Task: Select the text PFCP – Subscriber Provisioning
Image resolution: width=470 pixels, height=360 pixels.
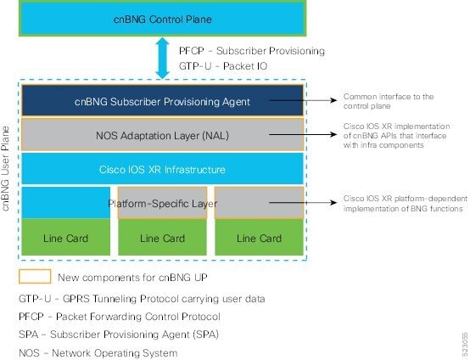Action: pyautogui.click(x=252, y=51)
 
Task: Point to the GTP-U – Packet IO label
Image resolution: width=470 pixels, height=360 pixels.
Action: pyautogui.click(x=221, y=65)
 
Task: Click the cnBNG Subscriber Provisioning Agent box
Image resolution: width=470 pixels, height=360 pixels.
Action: pyautogui.click(x=160, y=102)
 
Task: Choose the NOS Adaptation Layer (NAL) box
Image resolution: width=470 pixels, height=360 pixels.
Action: pyautogui.click(x=160, y=135)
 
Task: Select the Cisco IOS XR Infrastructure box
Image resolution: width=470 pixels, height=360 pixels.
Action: pyautogui.click(x=160, y=170)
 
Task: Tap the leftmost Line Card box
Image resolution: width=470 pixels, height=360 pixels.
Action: pyautogui.click(x=64, y=239)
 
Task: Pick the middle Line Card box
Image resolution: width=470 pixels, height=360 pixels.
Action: pyautogui.click(x=160, y=239)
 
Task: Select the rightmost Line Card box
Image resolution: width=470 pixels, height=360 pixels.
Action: pyautogui.click(x=258, y=239)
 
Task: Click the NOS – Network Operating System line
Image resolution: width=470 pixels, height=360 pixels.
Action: pyautogui.click(x=98, y=352)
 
